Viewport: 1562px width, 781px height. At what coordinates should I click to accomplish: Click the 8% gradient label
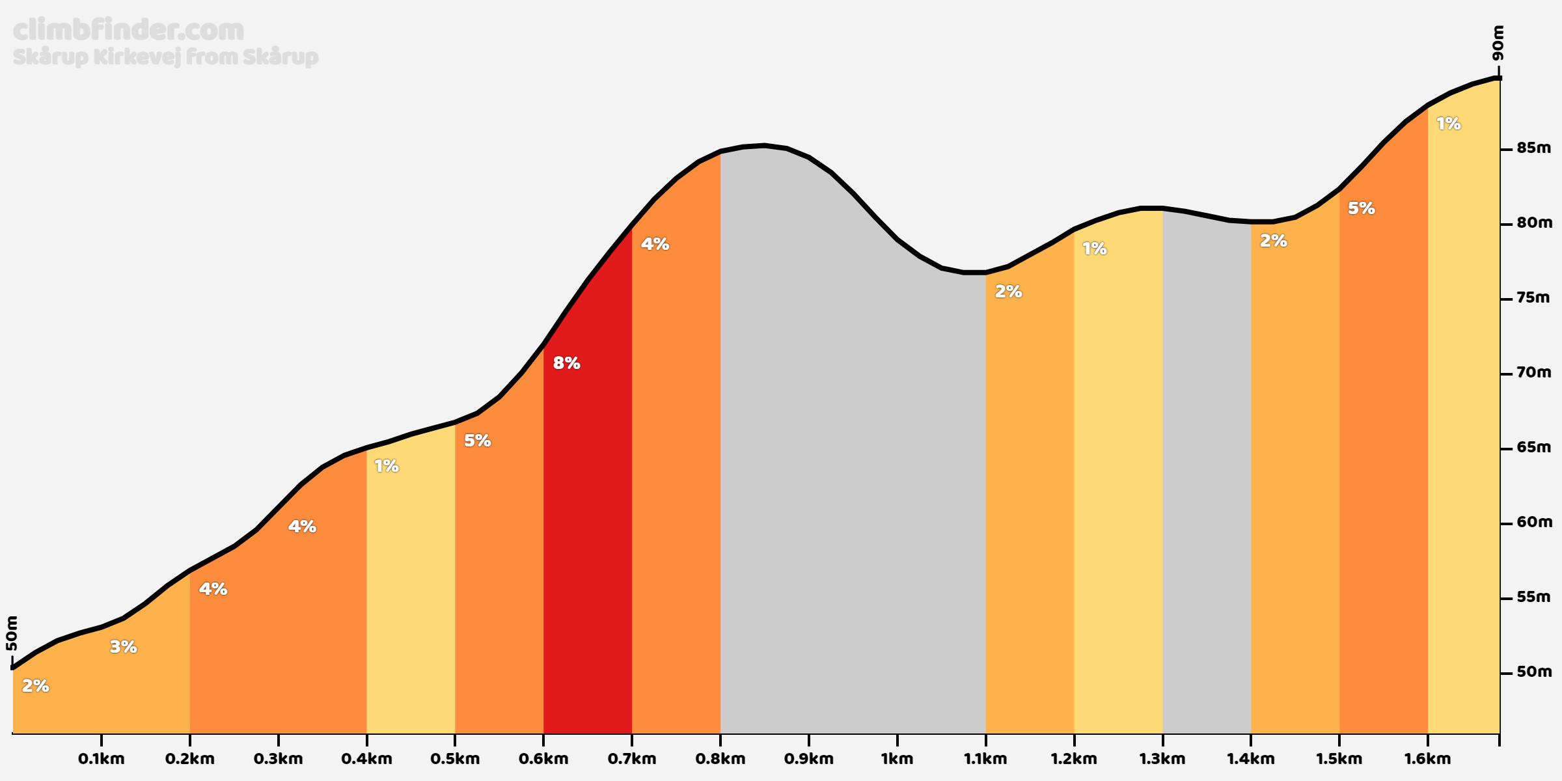566,363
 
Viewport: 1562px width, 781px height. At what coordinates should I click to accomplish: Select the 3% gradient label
123,647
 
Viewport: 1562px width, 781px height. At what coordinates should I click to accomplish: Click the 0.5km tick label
455,759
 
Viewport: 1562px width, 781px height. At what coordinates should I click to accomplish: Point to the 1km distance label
897,759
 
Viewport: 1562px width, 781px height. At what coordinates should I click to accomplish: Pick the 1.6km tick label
1427,759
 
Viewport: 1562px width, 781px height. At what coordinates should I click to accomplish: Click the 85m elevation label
1534,148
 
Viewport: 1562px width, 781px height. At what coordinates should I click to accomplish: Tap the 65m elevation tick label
1534,448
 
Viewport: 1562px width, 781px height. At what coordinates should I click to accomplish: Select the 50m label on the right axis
1534,672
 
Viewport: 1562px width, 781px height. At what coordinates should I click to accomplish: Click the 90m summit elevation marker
1498,43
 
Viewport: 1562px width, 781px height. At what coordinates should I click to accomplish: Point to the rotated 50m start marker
12,633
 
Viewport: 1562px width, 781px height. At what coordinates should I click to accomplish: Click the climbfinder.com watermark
128,30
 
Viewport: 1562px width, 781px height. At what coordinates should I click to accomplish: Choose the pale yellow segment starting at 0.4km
411,586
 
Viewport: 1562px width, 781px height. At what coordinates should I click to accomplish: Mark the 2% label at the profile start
36,686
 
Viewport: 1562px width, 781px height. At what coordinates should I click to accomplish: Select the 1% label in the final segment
1449,124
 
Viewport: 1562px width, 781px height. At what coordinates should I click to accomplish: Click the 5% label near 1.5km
1361,208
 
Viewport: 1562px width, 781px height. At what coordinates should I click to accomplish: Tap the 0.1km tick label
101,759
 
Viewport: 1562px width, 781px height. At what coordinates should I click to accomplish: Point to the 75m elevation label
1534,298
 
